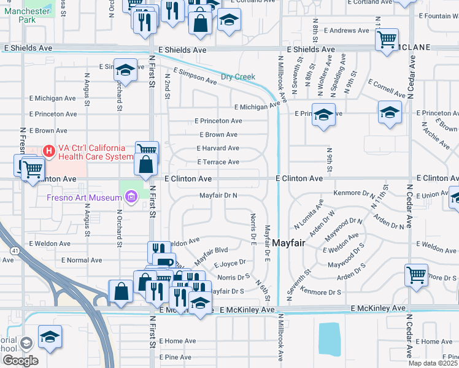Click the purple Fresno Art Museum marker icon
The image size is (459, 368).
pos(130,197)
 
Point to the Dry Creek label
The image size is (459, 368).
pos(238,77)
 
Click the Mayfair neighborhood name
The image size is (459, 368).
pos(289,242)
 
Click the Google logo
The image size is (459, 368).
pos(20,360)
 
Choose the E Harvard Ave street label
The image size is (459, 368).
pos(218,148)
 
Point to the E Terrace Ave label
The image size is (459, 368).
pos(218,162)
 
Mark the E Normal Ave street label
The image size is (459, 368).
pos(66,260)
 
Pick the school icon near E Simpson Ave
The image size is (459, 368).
pos(125,70)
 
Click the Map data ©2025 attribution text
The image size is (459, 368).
pos(433,363)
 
